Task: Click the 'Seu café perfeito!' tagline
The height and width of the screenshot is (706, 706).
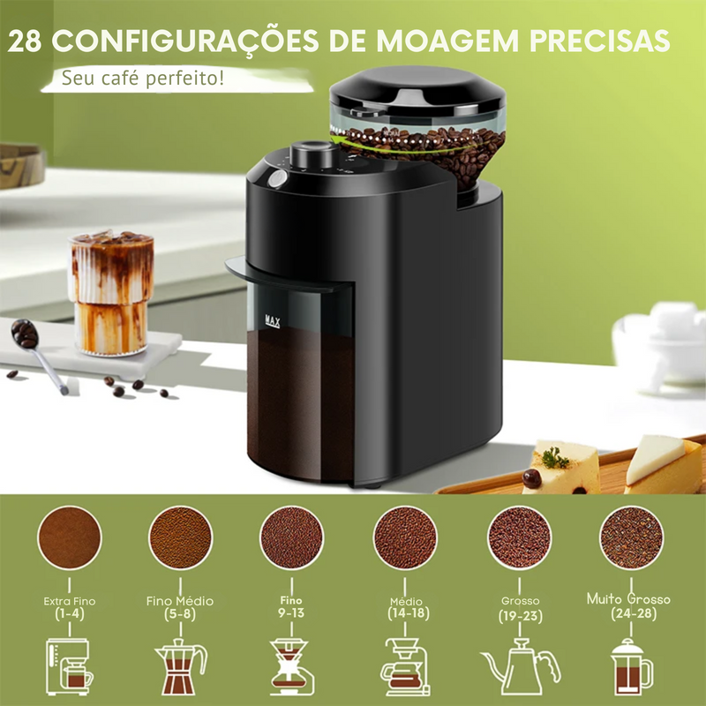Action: (x=142, y=79)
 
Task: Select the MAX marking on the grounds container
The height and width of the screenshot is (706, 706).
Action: (x=271, y=321)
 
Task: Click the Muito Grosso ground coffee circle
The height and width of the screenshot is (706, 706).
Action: (x=631, y=537)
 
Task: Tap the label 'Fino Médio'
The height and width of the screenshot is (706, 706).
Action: (x=180, y=601)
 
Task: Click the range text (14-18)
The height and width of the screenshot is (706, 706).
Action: (x=407, y=612)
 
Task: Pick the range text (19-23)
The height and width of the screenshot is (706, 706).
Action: (x=519, y=615)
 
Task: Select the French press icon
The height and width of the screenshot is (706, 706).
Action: (x=631, y=666)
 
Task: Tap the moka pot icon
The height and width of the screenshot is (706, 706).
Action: (x=180, y=667)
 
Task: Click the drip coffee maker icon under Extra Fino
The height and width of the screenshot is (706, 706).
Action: (x=69, y=667)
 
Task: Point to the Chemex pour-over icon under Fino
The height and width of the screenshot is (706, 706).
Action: (x=293, y=667)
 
